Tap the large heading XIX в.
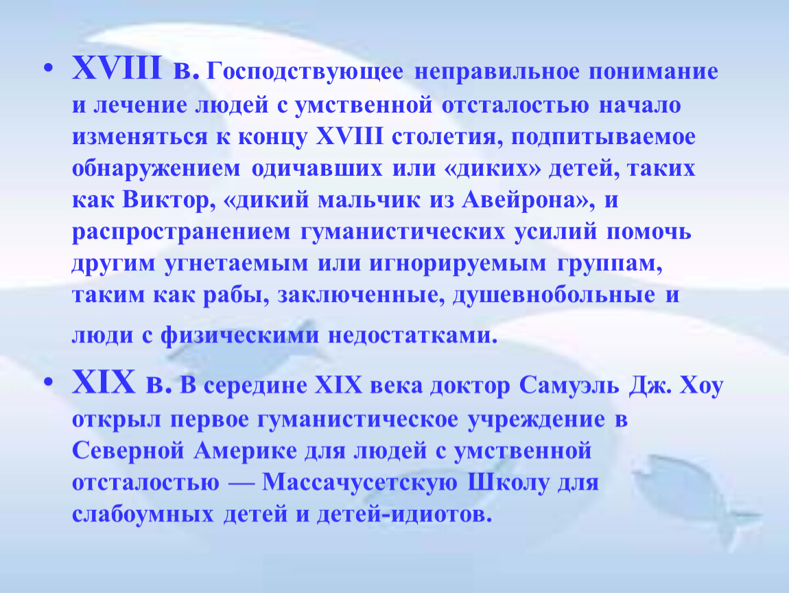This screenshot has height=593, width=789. click(122, 382)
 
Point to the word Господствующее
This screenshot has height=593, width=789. click(305, 71)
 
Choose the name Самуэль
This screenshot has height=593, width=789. click(569, 386)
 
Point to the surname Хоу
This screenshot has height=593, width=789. click(701, 386)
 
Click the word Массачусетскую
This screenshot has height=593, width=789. click(360, 482)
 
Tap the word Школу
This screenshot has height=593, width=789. click(508, 482)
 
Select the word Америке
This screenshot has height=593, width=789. click(245, 450)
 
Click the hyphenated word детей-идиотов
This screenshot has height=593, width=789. click(403, 515)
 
